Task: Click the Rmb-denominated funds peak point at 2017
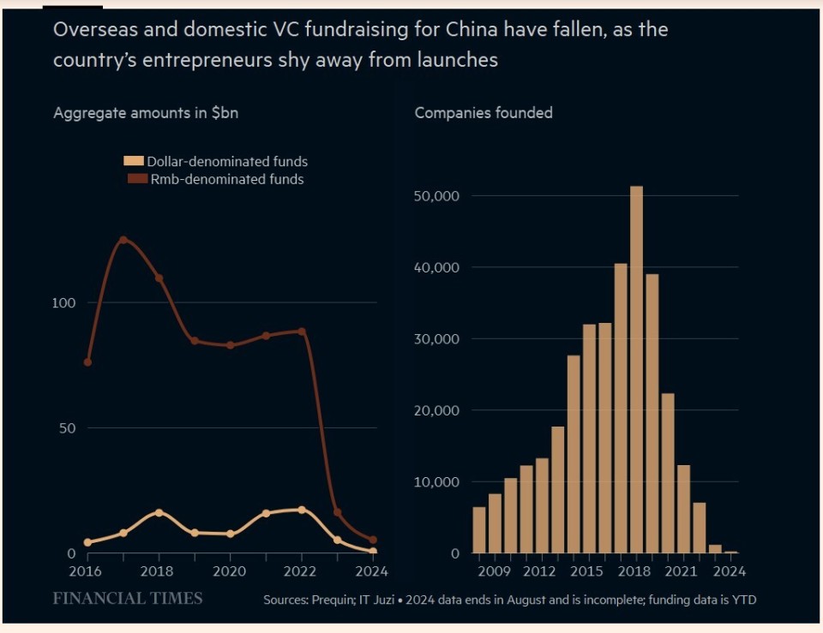[x=123, y=240]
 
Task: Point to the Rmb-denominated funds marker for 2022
[x=301, y=331]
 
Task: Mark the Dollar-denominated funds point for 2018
[x=159, y=512]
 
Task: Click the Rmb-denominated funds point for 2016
[x=87, y=362]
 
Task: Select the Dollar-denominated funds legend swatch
[x=135, y=161]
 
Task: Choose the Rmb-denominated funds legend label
[x=226, y=180]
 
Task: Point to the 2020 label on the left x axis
[x=230, y=571]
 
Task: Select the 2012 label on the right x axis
[x=542, y=571]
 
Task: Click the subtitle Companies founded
[x=484, y=113]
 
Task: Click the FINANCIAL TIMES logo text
[x=128, y=598]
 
